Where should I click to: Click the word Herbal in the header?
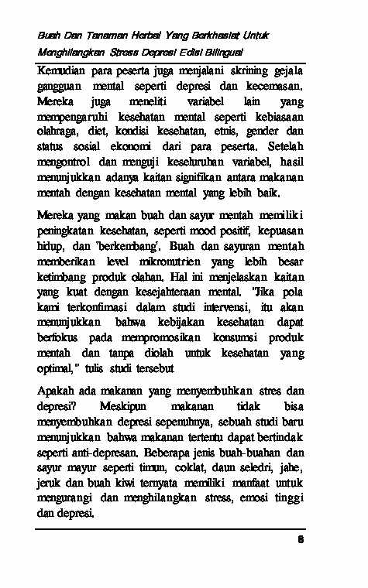tap(149, 36)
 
